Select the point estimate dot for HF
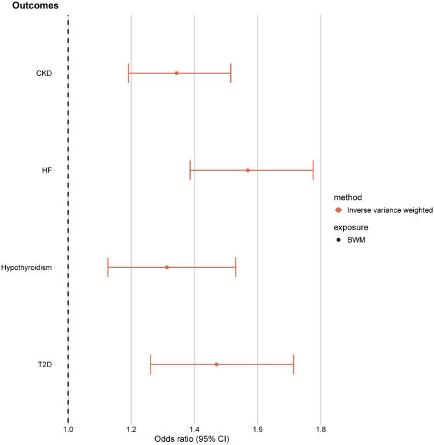248,170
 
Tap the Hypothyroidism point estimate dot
167,267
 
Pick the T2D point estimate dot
217,365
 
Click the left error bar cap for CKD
128,73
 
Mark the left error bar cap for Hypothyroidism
108,267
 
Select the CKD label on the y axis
44,73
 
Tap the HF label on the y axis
47,171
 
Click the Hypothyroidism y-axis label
27,267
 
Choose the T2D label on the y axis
45,365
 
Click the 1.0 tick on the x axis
68,429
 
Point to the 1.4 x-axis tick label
194,429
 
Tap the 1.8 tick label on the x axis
320,429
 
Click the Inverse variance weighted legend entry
390,210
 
